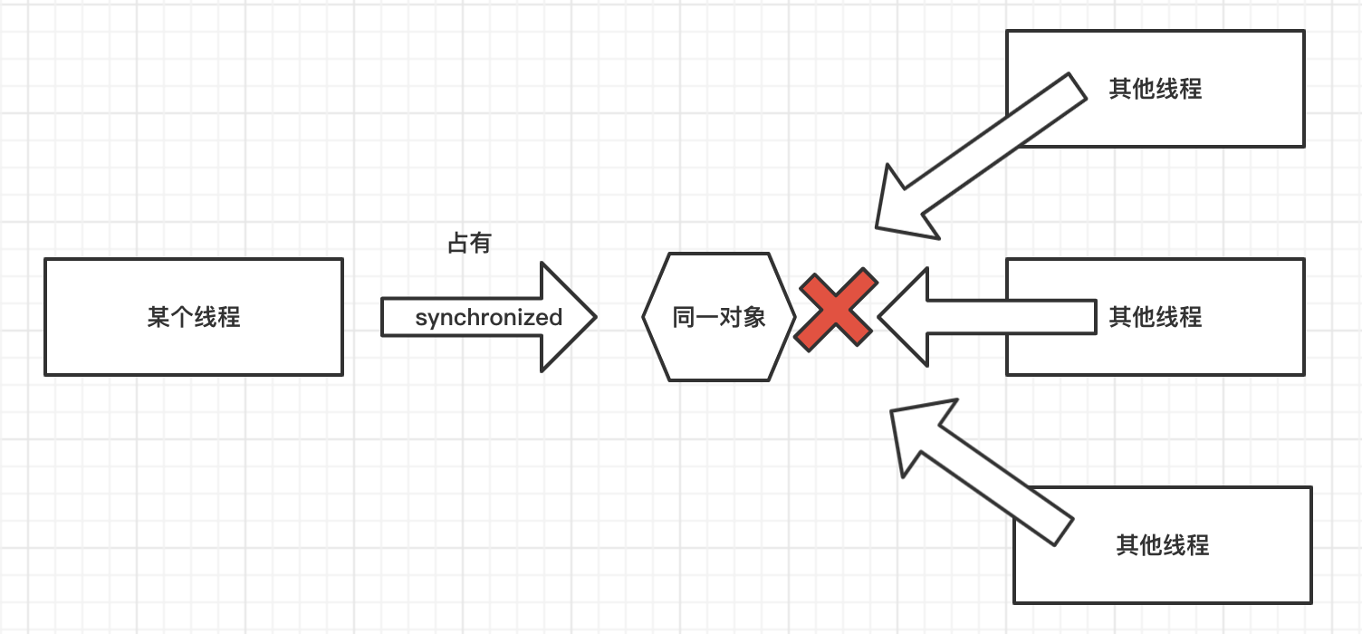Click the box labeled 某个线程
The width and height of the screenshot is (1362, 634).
[x=193, y=317]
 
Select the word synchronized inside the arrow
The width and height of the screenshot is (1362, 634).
[x=489, y=318]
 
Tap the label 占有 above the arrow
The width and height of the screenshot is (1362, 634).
[x=469, y=244]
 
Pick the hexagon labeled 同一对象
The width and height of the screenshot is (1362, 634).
[x=719, y=317]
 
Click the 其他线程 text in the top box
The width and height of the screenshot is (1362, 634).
[x=1156, y=89]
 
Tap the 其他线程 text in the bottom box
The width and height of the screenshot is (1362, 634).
[x=1163, y=545]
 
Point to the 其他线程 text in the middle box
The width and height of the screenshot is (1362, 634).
[x=1156, y=317]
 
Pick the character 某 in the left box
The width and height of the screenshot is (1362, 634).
[x=158, y=318]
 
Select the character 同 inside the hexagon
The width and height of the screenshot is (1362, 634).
[x=684, y=318]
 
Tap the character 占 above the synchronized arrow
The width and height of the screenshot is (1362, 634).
[x=458, y=244]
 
